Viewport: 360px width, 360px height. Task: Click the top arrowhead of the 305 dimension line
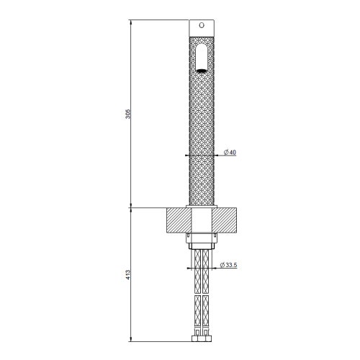(130, 22)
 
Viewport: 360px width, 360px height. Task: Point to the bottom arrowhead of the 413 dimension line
(130, 339)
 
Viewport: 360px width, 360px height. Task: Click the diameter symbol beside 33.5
(220, 265)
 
